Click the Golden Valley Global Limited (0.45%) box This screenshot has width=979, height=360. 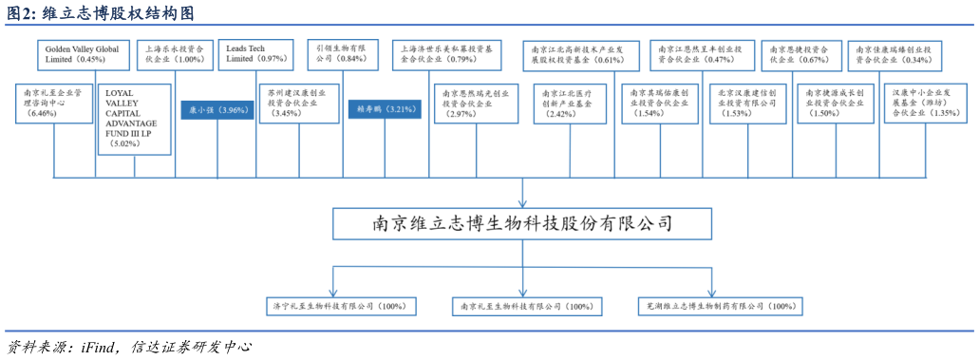tap(81, 53)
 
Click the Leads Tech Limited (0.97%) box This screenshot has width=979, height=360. tap(256, 53)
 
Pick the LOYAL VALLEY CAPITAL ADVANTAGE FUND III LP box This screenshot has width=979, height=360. tap(134, 120)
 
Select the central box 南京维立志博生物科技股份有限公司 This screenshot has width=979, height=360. tap(521, 224)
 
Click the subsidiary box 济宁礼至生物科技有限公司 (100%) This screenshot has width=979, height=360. tap(339, 307)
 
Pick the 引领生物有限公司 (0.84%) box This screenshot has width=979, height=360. tap(345, 52)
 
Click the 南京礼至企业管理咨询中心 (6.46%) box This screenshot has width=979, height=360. tap(54, 103)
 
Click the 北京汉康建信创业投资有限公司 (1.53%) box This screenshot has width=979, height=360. tap(747, 103)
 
